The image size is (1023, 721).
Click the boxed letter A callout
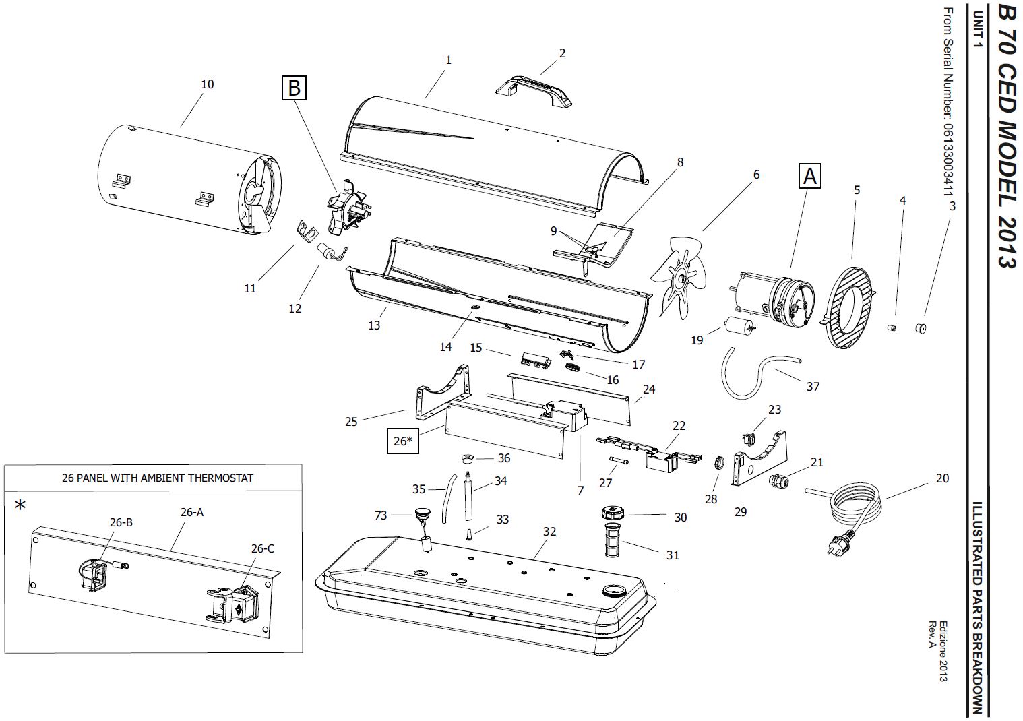pyautogui.click(x=810, y=176)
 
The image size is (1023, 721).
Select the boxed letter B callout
pyautogui.click(x=294, y=88)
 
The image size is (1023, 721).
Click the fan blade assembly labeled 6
pyautogui.click(x=679, y=276)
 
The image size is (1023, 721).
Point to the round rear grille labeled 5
pyautogui.click(x=849, y=308)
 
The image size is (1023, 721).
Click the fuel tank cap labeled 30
pyautogui.click(x=612, y=513)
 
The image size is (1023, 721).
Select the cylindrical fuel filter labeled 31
pyautogui.click(x=612, y=540)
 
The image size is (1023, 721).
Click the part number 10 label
pyautogui.click(x=208, y=84)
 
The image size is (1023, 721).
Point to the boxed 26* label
pyautogui.click(x=403, y=441)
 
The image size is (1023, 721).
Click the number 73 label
pyautogui.click(x=381, y=515)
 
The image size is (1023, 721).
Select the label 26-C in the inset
pyautogui.click(x=263, y=548)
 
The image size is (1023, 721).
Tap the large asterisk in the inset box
pyautogui.click(x=20, y=505)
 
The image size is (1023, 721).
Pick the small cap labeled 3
pyautogui.click(x=921, y=328)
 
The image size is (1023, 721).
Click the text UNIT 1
pyautogui.click(x=978, y=30)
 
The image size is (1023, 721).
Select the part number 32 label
pyautogui.click(x=549, y=532)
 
